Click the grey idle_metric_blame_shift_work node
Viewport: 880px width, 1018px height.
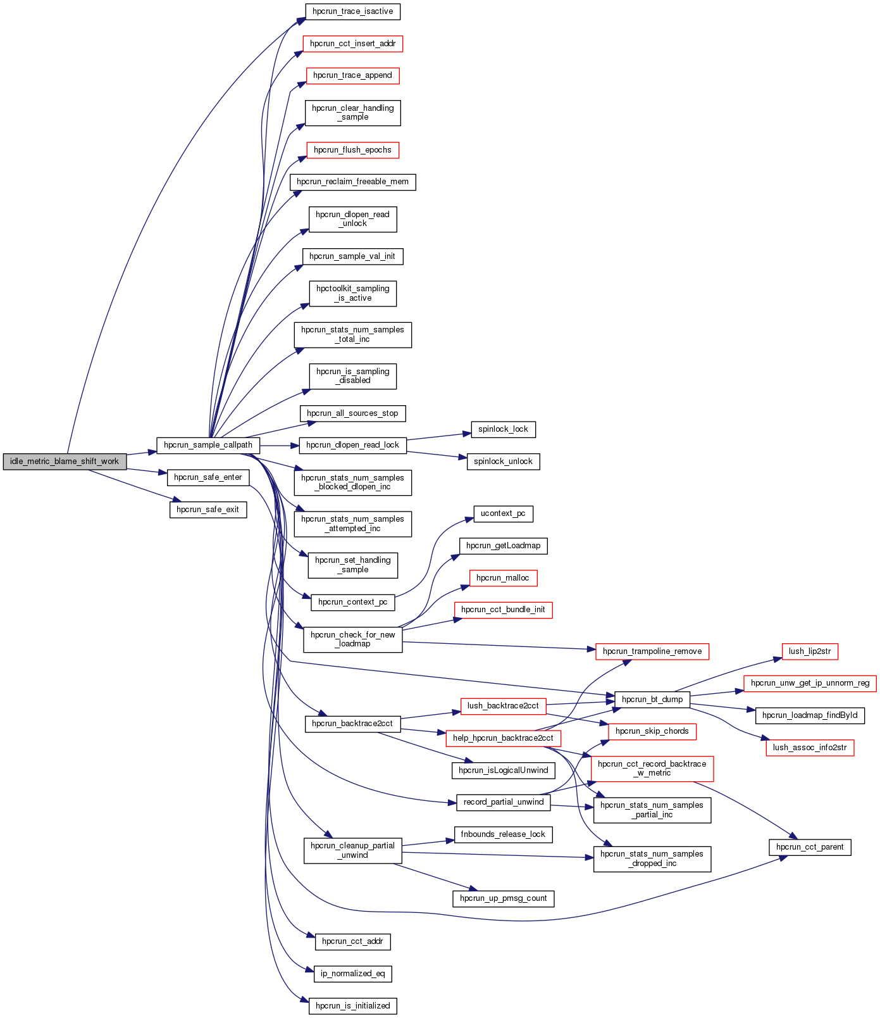[65, 462]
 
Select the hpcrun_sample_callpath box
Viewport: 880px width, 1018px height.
[208, 445]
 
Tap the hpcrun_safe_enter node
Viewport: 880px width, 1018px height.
[208, 477]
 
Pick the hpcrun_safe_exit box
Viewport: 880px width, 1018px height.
[208, 510]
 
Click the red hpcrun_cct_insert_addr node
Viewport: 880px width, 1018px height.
[352, 44]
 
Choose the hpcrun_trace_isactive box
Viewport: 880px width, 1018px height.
[352, 11]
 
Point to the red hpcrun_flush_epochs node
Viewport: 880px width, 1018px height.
[352, 150]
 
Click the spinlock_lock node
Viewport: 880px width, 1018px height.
[503, 429]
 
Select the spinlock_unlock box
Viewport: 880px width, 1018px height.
[503, 462]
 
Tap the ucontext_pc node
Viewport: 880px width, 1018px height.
[503, 513]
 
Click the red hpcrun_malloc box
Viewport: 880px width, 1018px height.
[503, 578]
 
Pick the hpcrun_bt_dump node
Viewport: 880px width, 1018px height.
[652, 700]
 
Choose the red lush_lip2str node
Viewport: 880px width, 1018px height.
[810, 651]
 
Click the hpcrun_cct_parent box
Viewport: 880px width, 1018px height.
[810, 847]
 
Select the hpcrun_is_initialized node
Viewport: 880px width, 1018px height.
[352, 1006]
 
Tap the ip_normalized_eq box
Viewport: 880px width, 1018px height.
[352, 974]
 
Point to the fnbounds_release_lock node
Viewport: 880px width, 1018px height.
[503, 834]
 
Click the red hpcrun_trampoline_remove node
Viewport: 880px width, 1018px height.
[652, 651]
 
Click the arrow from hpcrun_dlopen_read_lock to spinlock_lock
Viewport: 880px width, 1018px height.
[438, 437]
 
